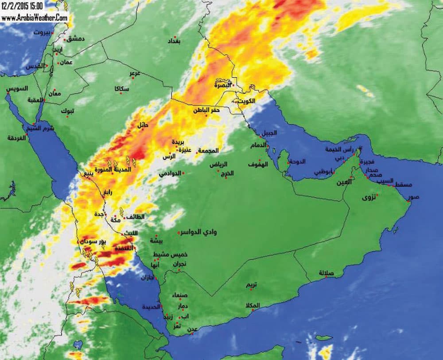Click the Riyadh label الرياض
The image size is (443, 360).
coord(218,165)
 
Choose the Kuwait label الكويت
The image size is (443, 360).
coord(247,101)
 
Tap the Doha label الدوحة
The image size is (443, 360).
coord(297,162)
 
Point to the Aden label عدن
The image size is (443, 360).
coord(193,329)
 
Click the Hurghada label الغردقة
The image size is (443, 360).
coord(17,138)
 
